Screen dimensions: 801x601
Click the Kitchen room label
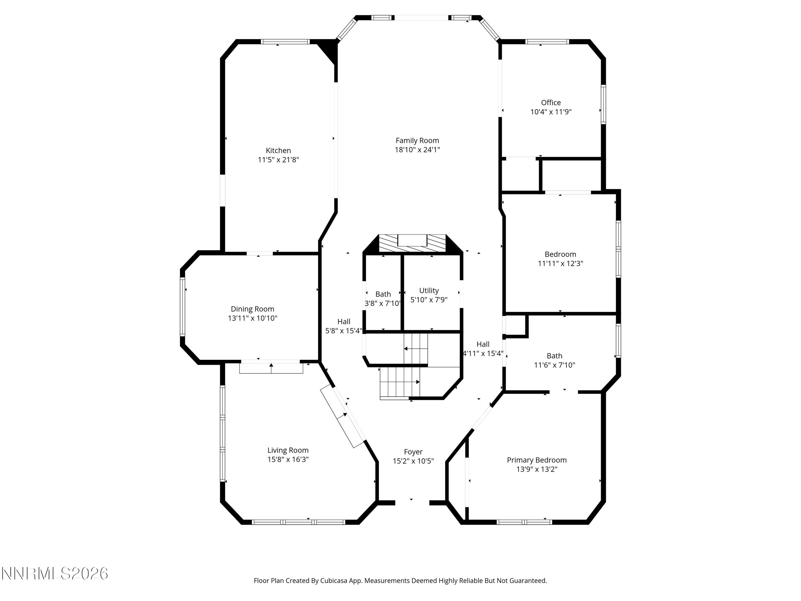278,150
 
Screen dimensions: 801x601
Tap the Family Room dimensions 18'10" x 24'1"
417,150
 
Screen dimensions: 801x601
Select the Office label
551,103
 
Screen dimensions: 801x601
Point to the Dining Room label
252,309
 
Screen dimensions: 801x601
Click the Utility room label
429,291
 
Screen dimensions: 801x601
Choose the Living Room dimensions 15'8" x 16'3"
288,459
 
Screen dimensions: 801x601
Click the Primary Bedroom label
537,460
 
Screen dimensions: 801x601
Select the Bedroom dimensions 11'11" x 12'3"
560,263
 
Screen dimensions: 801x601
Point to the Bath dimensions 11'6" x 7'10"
554,365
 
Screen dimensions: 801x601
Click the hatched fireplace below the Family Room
413,243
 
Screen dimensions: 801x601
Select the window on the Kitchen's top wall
285,42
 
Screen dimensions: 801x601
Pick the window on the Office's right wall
603,105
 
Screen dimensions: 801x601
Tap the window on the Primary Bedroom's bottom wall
524,522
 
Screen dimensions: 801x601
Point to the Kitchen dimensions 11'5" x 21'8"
278,160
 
